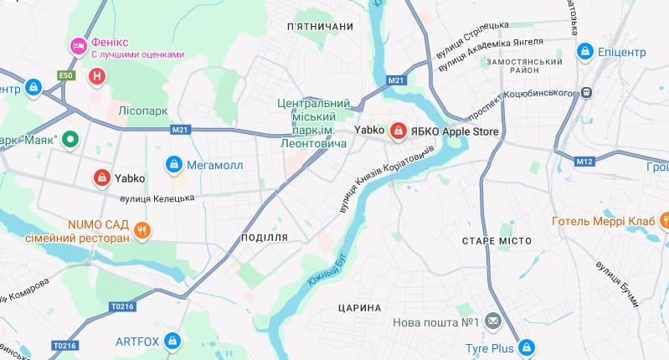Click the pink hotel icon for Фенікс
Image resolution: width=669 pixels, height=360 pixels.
click(78, 44)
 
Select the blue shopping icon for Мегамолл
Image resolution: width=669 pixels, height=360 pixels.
click(174, 164)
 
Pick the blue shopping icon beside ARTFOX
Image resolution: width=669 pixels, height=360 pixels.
click(173, 341)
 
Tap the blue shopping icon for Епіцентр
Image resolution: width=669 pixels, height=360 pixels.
click(585, 52)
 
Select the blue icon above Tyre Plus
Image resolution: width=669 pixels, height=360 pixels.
click(526, 345)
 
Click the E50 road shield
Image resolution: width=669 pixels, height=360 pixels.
click(66, 75)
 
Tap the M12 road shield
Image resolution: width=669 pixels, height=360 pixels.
click(584, 160)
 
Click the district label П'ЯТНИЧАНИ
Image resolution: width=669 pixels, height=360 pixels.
click(320, 28)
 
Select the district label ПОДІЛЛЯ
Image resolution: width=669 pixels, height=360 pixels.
click(264, 238)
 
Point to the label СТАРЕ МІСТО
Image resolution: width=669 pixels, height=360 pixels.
click(497, 241)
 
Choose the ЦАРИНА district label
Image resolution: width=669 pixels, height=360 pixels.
click(360, 308)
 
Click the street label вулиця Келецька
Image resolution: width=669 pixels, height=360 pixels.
click(157, 198)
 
